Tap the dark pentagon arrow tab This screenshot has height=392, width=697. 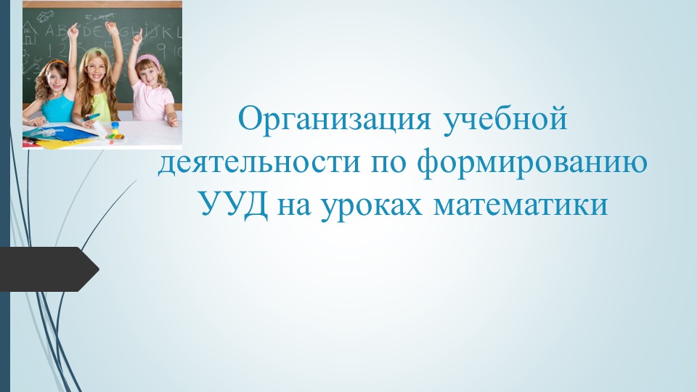(x=47, y=269)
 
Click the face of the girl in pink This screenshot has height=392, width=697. (x=150, y=73)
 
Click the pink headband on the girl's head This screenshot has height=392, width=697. (x=150, y=59)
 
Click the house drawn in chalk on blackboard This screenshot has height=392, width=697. (x=30, y=31)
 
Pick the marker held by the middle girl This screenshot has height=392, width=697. (x=91, y=117)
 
